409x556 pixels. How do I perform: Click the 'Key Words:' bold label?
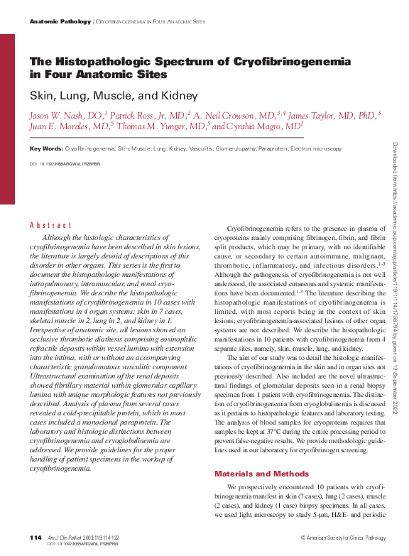(x=46, y=148)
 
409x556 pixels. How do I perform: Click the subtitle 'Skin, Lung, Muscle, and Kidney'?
(x=113, y=95)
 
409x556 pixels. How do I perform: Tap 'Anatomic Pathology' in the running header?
(x=60, y=22)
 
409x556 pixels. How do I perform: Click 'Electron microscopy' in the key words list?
(x=315, y=148)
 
